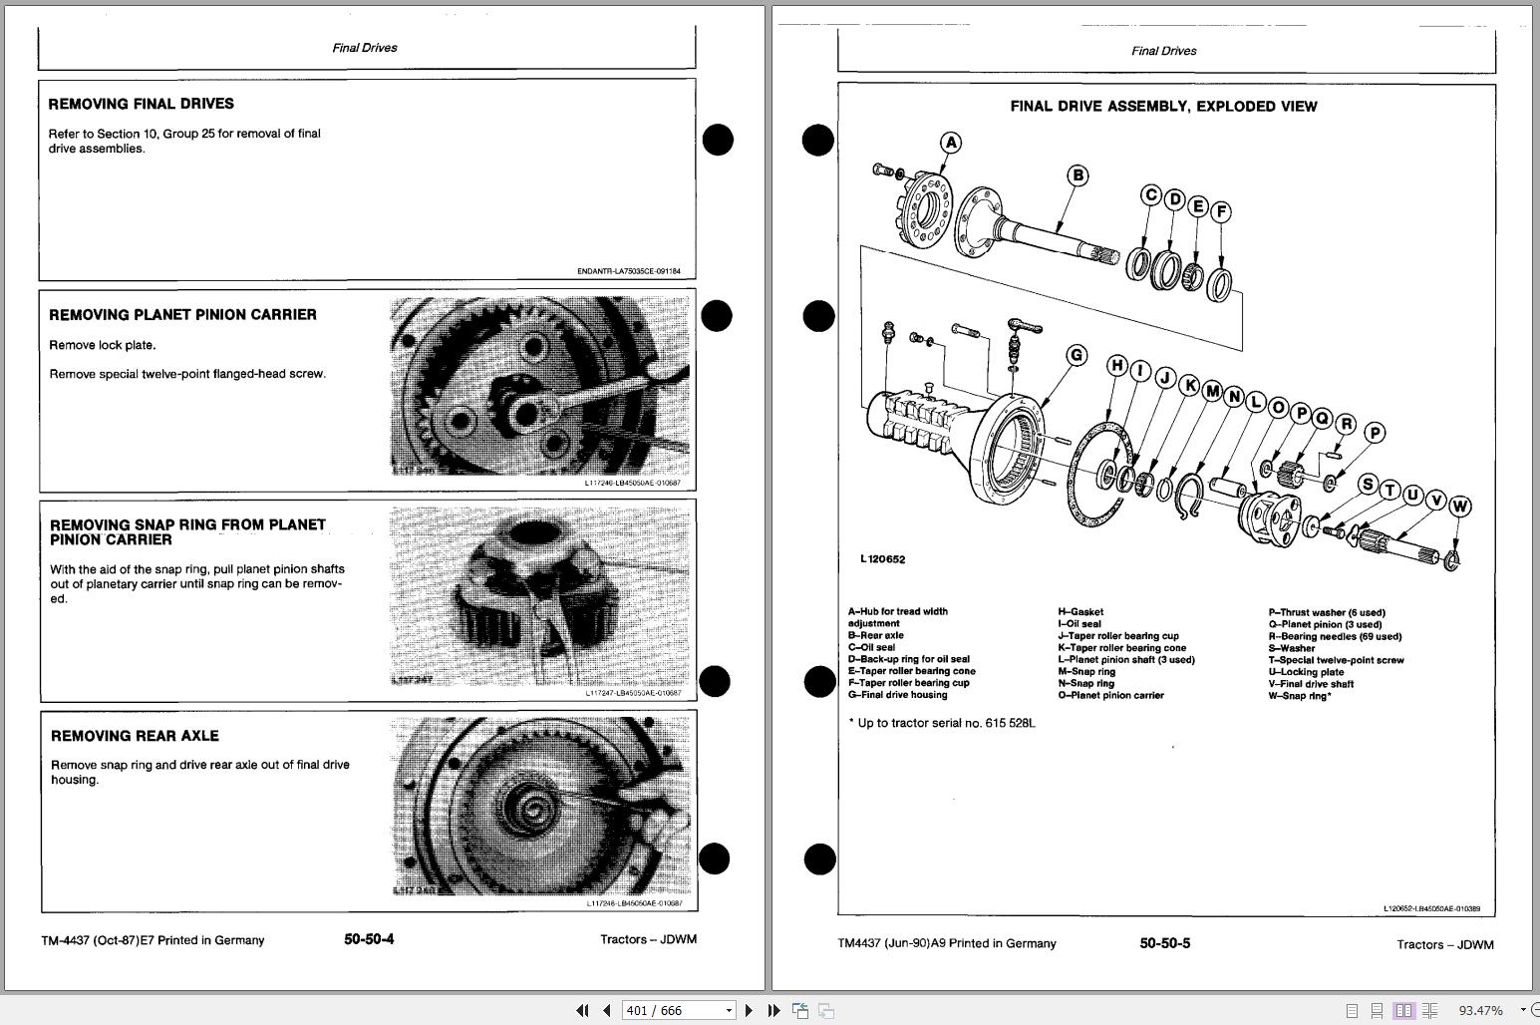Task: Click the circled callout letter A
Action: (951, 143)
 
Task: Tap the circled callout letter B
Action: (1078, 176)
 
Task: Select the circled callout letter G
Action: (1076, 355)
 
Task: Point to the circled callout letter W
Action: (1459, 507)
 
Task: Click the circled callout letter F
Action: (1221, 211)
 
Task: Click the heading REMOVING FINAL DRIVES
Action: (141, 104)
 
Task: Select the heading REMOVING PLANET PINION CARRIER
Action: (182, 315)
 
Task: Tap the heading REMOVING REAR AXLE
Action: (135, 736)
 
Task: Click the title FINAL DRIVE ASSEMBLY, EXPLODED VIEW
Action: (1163, 107)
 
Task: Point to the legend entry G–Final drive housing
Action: (897, 695)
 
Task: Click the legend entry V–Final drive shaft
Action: (1311, 684)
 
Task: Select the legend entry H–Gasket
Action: (1080, 612)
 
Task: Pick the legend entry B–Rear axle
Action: (875, 635)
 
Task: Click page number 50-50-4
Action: (369, 939)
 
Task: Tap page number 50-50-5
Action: (1164, 943)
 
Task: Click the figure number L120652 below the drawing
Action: (882, 559)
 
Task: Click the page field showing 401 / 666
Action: (678, 1010)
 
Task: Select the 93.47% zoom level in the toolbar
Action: (1480, 1010)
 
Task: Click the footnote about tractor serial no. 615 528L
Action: (941, 723)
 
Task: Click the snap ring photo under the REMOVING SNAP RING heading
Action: (538, 598)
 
